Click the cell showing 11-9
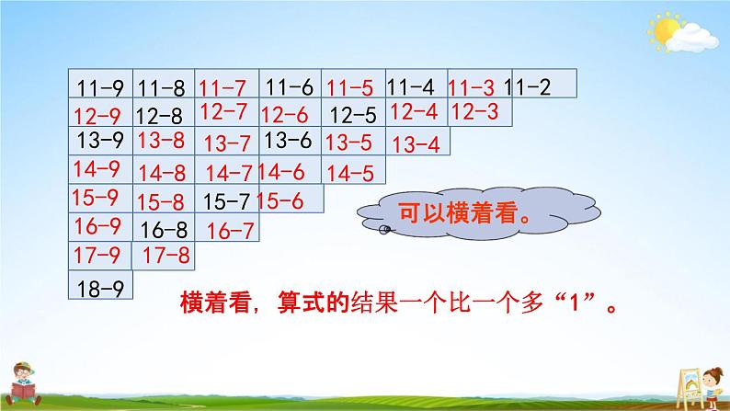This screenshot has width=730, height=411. (101, 89)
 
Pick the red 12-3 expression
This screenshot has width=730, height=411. (475, 112)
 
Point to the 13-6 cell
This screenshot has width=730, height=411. (287, 141)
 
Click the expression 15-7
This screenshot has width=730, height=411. (226, 200)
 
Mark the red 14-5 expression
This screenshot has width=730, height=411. (349, 172)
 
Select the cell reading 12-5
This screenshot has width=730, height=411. (352, 116)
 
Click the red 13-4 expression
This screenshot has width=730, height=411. (416, 143)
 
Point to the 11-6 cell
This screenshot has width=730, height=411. (289, 88)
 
